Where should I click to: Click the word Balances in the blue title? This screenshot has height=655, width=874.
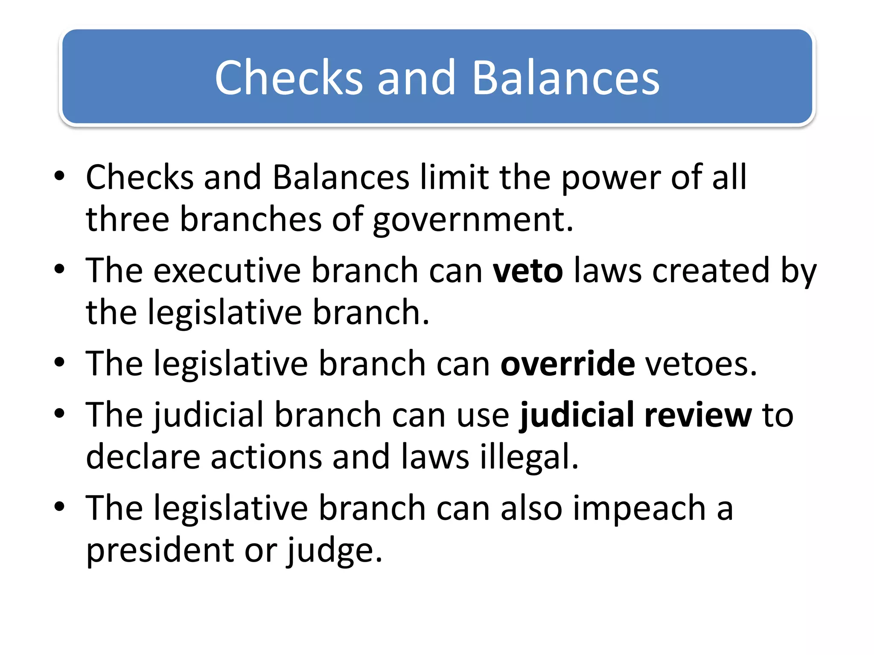(566, 78)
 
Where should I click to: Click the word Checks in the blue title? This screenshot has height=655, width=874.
(288, 78)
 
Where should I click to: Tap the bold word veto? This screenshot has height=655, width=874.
(528, 271)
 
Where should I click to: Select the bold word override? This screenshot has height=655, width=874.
(568, 364)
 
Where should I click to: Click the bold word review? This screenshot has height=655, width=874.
(698, 415)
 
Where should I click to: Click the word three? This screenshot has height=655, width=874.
(128, 219)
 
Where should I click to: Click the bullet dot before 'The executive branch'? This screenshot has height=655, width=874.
(59, 269)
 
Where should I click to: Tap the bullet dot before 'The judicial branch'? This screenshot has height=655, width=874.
(59, 413)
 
